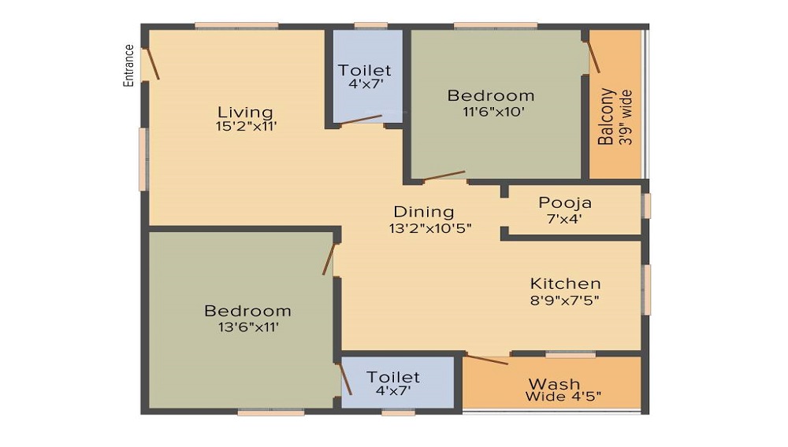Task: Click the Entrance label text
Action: (128, 65)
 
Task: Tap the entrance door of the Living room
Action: (151, 62)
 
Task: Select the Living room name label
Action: (245, 113)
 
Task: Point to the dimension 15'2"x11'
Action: (245, 127)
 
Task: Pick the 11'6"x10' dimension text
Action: (491, 111)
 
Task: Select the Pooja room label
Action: (565, 203)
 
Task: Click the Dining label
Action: (424, 212)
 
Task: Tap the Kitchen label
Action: (565, 283)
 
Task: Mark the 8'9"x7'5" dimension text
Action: (565, 299)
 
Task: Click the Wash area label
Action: (554, 384)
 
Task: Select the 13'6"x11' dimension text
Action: (247, 327)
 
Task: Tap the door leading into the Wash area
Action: (485, 360)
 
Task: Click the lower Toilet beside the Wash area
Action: (393, 383)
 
